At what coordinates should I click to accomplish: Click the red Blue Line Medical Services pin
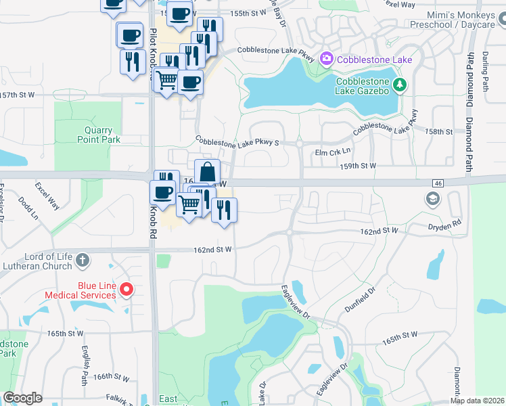[126, 290]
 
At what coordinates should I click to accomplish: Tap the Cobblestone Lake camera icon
[327, 60]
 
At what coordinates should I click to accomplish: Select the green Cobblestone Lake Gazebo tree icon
[400, 85]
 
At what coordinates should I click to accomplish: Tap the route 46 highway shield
[438, 183]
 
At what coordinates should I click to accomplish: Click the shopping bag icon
[207, 171]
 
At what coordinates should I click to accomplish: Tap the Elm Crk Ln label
[333, 152]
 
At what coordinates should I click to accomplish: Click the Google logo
[22, 398]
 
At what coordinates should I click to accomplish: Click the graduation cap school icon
[432, 199]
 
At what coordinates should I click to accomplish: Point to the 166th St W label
[111, 377]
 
